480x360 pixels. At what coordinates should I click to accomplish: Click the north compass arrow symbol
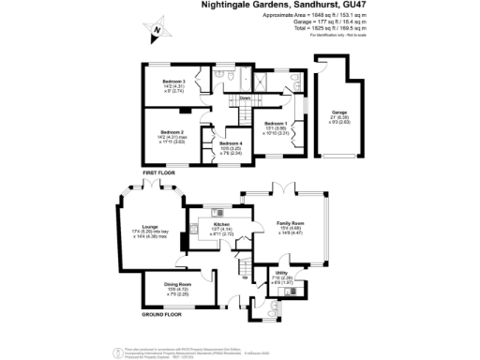(157, 32)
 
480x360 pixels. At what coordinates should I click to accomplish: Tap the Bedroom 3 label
(175, 82)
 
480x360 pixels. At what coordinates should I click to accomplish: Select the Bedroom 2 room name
(171, 132)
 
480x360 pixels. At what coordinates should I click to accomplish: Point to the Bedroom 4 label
(231, 142)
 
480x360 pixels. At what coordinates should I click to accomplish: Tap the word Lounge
(149, 227)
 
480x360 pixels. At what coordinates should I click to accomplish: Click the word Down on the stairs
(245, 97)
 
